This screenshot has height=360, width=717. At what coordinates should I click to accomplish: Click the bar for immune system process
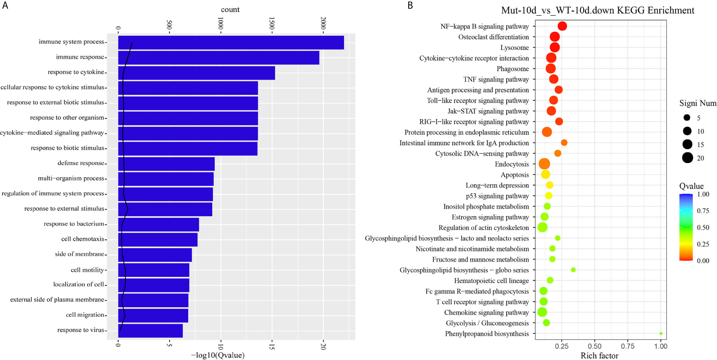231,42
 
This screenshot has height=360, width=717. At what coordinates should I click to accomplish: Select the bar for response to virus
150,330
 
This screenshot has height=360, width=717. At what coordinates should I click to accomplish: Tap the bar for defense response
166,164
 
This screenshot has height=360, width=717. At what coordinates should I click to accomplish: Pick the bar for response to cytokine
196,72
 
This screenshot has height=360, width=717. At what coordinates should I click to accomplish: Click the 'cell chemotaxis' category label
82,239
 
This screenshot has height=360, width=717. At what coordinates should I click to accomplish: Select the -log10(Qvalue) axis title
218,355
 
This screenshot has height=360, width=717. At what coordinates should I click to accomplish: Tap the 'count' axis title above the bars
230,10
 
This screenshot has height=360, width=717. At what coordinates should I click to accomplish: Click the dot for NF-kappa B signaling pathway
562,26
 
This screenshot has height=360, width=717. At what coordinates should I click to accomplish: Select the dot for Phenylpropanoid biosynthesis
661,334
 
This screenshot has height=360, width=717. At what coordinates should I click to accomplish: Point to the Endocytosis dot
544,164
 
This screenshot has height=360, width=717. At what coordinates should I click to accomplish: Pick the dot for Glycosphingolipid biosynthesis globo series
573,270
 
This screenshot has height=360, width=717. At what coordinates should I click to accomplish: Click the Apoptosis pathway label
515,175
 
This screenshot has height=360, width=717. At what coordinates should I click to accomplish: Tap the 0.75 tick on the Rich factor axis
628,346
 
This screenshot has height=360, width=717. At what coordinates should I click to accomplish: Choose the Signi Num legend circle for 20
687,158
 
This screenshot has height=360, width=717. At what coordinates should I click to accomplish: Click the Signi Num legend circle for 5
687,117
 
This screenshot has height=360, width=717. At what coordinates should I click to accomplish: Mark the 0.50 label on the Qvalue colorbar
703,227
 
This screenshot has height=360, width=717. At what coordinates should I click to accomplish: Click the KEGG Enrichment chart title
598,10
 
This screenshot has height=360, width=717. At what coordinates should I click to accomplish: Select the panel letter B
410,5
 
